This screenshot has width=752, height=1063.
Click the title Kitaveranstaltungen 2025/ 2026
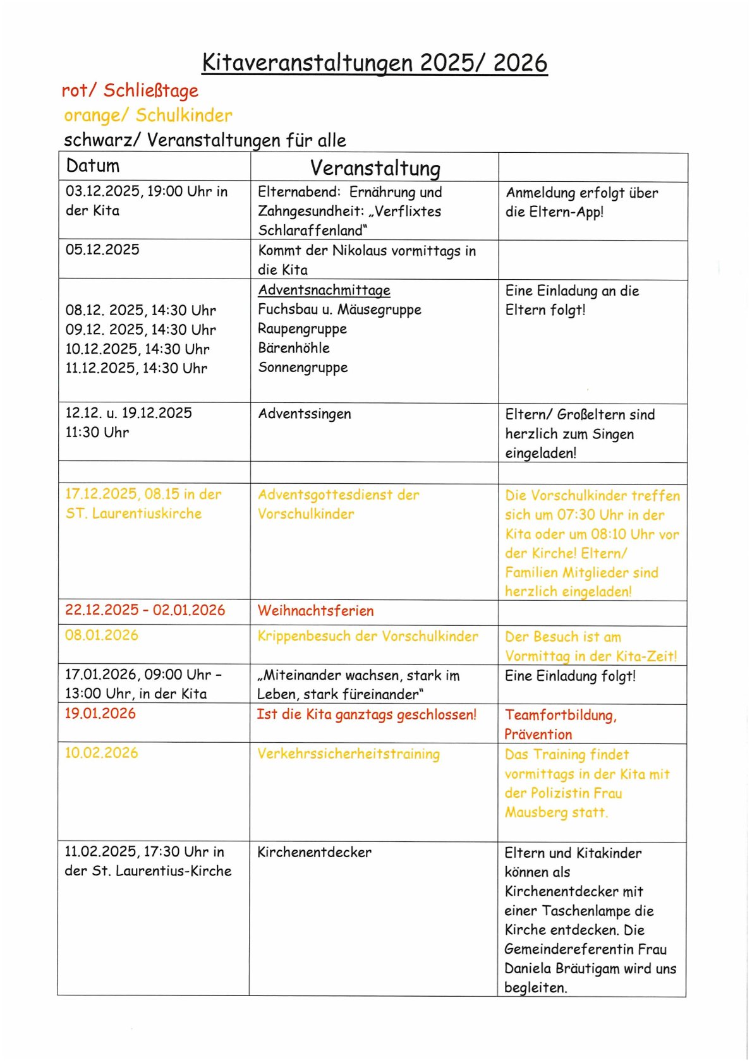click(x=375, y=63)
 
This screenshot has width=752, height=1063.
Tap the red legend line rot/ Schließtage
click(x=130, y=90)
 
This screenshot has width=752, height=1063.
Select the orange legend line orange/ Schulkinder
click(x=148, y=116)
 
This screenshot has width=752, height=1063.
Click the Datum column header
click(x=93, y=166)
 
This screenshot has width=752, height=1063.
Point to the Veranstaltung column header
click(x=375, y=168)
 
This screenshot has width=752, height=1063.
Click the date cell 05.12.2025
click(x=102, y=249)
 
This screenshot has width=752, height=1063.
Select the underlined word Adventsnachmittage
click(x=324, y=290)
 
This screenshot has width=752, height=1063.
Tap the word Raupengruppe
click(x=302, y=328)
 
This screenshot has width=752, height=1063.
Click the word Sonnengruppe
click(x=303, y=367)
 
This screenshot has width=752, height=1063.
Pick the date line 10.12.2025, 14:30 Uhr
click(x=137, y=349)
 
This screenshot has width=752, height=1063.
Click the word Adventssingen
click(x=305, y=414)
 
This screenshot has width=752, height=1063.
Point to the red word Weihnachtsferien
click(x=315, y=611)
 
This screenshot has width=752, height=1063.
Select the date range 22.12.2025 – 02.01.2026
click(x=145, y=610)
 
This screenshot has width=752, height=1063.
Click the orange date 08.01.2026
click(x=102, y=635)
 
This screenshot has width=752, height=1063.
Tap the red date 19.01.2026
click(x=100, y=714)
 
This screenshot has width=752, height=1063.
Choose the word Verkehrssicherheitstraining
click(x=348, y=754)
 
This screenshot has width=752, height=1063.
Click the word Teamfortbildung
click(x=560, y=715)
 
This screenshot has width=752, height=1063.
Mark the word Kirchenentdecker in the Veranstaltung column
click(x=314, y=852)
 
